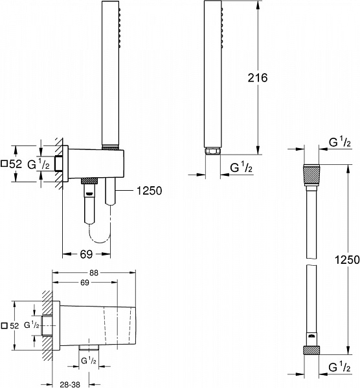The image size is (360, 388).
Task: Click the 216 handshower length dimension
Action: coord(258,77)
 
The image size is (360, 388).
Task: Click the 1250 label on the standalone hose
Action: coord(346,259)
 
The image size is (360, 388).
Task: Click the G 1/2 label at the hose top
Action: coord(340,142)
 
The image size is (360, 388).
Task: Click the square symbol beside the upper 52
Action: coord(6,165)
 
